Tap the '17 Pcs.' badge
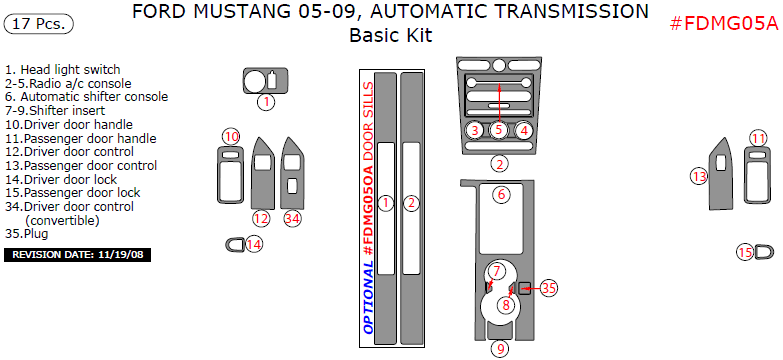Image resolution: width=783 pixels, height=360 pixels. coord(38,23)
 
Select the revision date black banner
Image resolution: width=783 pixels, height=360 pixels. coord(77,255)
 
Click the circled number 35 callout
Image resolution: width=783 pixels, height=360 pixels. coord(549,288)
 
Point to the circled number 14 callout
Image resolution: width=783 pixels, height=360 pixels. coord(254,245)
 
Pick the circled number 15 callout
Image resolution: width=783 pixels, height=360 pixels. coord(746,253)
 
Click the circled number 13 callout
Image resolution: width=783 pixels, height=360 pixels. coord(699,176)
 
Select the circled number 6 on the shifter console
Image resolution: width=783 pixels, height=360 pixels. coord(502,194)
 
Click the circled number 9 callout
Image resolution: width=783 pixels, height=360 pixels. coord(500,349)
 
